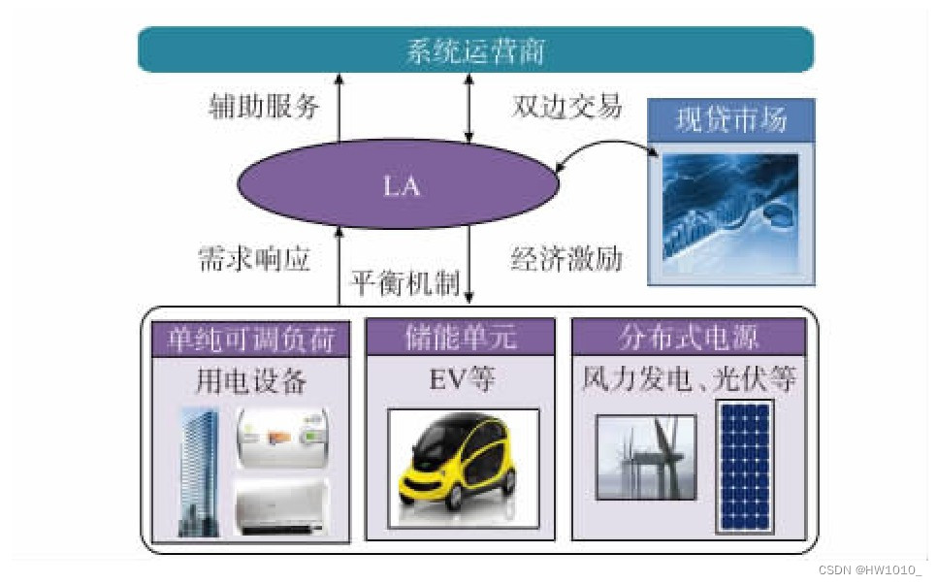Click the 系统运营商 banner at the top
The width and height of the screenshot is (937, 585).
pos(475,50)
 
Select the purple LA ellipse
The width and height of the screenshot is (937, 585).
pos(400,184)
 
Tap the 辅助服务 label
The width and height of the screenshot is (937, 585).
pos(264,106)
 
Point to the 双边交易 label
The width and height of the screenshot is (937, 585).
pos(566,106)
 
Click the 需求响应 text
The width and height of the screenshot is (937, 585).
pos(253,259)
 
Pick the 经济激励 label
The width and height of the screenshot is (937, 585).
pos(566,259)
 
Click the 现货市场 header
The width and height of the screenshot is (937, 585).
pos(730,121)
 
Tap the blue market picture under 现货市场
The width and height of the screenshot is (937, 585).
pos(730,207)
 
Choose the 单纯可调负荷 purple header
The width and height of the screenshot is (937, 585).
pos(251,337)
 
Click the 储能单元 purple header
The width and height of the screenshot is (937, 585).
pos(461,337)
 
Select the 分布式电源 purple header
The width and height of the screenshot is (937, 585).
pos(689,337)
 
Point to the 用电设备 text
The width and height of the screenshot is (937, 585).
pos(251,381)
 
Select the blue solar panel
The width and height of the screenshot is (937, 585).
pos(744,467)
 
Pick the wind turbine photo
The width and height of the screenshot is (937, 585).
pos(645,458)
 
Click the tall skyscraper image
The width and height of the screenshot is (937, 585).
pos(200,471)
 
